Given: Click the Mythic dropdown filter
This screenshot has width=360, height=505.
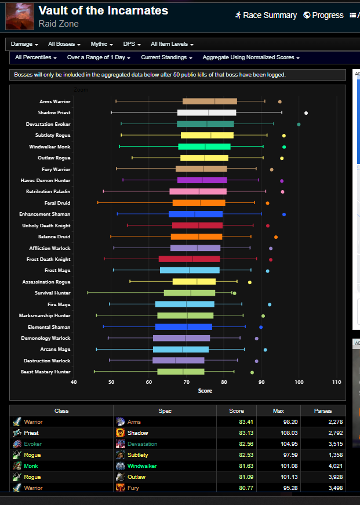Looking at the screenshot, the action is coord(101,44).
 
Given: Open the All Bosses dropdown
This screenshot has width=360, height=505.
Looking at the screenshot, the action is coord(64,44).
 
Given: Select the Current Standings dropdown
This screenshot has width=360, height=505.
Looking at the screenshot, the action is coord(166,57).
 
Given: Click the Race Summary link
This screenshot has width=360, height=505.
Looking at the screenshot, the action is coord(266,15).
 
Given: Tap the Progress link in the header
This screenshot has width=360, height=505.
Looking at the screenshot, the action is coord(323,15).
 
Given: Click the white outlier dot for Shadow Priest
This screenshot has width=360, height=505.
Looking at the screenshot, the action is coord(306,113).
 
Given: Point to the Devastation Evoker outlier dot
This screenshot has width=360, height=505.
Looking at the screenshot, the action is coord(299,124).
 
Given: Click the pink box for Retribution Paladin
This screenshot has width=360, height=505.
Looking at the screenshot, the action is coord(198,191).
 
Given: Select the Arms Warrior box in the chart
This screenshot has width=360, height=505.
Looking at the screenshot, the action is coord(210,101).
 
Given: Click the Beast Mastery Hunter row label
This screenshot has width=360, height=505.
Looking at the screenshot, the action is coord(45,372).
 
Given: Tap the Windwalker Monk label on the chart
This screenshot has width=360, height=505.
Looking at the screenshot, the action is coord(50,147).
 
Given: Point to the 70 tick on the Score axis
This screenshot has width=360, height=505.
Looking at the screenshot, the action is coord(187,382).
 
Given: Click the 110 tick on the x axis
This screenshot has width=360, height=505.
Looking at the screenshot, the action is coord(336,382).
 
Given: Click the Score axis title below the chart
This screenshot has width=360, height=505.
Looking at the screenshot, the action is coord(205,391).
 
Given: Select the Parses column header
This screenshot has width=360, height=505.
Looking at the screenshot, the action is coord(323,410).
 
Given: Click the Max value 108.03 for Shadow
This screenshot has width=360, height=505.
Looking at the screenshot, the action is coord(289,433).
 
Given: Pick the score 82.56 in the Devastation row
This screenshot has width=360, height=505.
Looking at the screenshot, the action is coord(246,444).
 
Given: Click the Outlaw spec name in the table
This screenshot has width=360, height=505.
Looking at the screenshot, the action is coord(136,477).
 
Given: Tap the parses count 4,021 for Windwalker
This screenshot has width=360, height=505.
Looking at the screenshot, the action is coord(336,466).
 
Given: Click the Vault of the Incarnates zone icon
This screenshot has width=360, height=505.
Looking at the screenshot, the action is coord(20,16).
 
